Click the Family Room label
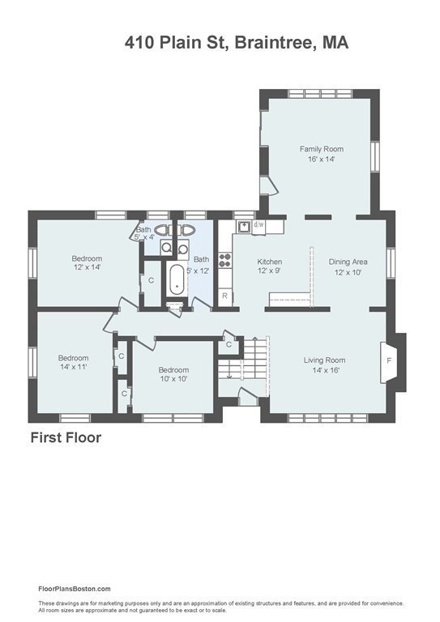322,149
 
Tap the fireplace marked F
388,361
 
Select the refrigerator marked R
225,296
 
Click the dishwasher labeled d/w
258,225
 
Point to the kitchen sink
244,226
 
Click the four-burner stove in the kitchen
225,259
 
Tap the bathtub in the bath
177,280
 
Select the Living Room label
325,360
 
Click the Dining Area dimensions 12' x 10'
348,272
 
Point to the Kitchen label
270,262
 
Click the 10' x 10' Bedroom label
173,370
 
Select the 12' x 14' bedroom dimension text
87,267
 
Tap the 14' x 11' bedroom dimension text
74,367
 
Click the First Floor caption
66,437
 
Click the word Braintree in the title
276,42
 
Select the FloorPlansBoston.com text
75,589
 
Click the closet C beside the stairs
229,345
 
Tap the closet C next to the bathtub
152,281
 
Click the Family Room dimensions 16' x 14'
322,160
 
